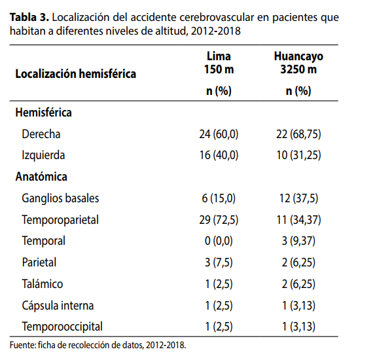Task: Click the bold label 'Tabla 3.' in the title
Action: pyautogui.click(x=29, y=17)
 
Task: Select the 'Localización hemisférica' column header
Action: pyautogui.click(x=76, y=74)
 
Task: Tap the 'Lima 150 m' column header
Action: pyautogui.click(x=219, y=63)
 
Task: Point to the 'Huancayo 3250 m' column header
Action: pyautogui.click(x=298, y=63)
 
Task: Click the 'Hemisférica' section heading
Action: pyautogui.click(x=44, y=113)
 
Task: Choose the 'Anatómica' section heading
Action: pyautogui.click(x=41, y=177)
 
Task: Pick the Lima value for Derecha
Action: pyautogui.click(x=219, y=134)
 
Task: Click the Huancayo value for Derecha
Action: pyautogui.click(x=298, y=134)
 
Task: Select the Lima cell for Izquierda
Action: pyautogui.click(x=219, y=155)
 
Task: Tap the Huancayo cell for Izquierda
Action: pyautogui.click(x=298, y=155)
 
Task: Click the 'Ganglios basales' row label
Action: pyautogui.click(x=60, y=198)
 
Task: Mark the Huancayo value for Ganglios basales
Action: pyautogui.click(x=298, y=198)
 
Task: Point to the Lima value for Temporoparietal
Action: pyautogui.click(x=219, y=220)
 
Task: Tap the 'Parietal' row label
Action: pyautogui.click(x=39, y=262)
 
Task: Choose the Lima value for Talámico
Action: pyautogui.click(x=219, y=284)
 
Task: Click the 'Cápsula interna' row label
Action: pyautogui.click(x=58, y=306)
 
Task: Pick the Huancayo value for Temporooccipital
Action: pyautogui.click(x=298, y=327)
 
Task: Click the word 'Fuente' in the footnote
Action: pyautogui.click(x=23, y=345)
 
